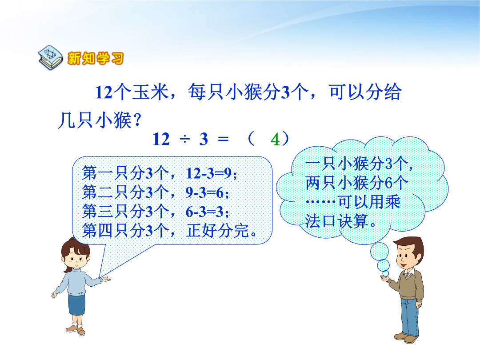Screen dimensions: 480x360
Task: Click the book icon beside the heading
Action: pos(51,57)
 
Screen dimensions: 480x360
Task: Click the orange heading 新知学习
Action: pos(96,58)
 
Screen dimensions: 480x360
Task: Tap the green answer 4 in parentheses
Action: pos(275,140)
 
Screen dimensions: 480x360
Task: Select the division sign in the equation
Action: pos(185,140)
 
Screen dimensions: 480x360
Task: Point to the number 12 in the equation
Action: pos(161,139)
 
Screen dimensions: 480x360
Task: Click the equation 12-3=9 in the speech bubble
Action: pos(211,174)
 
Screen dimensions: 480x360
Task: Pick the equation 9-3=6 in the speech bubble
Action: pos(207,192)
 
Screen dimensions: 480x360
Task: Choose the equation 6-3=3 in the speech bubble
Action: pos(207,212)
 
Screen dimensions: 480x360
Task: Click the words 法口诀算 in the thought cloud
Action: pos(336,221)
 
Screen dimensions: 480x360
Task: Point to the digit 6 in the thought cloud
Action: pos(388,183)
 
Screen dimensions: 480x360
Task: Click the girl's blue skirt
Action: pos(76,305)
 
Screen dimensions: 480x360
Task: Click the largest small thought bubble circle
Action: pos(379,251)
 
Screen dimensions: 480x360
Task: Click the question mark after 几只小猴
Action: pos(137,120)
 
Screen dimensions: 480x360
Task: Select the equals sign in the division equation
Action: pos(223,140)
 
